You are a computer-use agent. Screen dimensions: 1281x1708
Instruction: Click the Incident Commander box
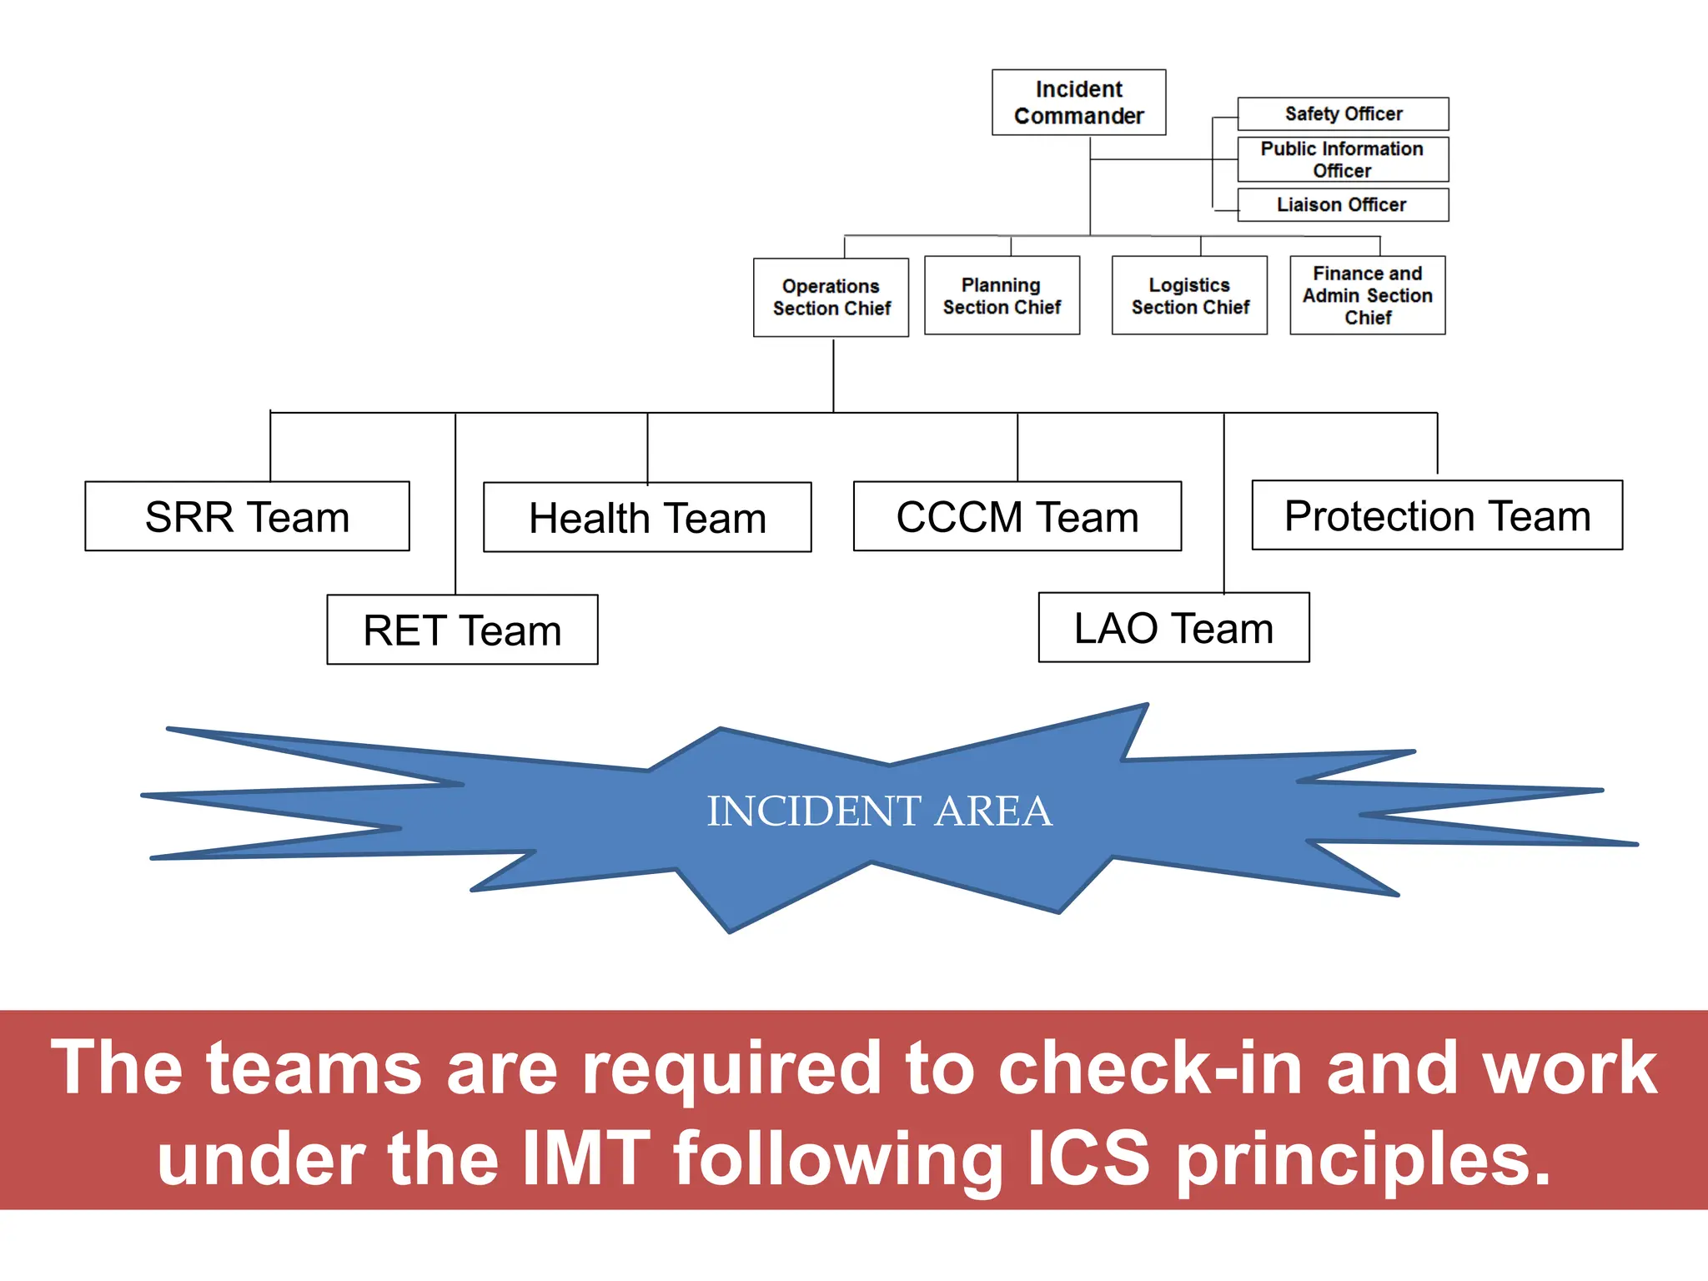coord(1078,103)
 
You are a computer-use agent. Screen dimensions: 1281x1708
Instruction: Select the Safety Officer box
coord(1343,113)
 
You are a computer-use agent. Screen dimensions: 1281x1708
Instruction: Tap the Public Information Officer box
coord(1343,159)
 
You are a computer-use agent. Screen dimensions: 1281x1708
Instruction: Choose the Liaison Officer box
coord(1343,204)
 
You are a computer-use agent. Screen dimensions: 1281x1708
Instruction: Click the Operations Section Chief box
coord(831,297)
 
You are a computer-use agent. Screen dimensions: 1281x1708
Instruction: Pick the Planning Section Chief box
coord(1002,295)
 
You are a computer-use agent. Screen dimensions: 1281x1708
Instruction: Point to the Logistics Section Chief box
coord(1189,295)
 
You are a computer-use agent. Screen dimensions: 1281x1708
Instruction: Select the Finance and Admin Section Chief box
coord(1367,295)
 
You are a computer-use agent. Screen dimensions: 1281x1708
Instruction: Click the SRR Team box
coord(247,516)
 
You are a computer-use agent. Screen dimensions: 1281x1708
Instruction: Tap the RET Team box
coord(462,630)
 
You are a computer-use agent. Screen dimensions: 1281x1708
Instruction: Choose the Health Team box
coord(647,517)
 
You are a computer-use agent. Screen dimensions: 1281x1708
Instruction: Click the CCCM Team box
coord(1017,516)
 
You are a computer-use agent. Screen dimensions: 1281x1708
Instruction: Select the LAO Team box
coord(1173,627)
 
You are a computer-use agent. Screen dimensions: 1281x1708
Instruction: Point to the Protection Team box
coord(1437,515)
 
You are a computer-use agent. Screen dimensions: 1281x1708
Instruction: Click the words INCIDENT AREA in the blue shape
coord(879,811)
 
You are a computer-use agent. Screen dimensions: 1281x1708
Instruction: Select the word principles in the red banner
coord(1363,1159)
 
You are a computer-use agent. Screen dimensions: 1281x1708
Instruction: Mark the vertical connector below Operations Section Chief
coord(833,374)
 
